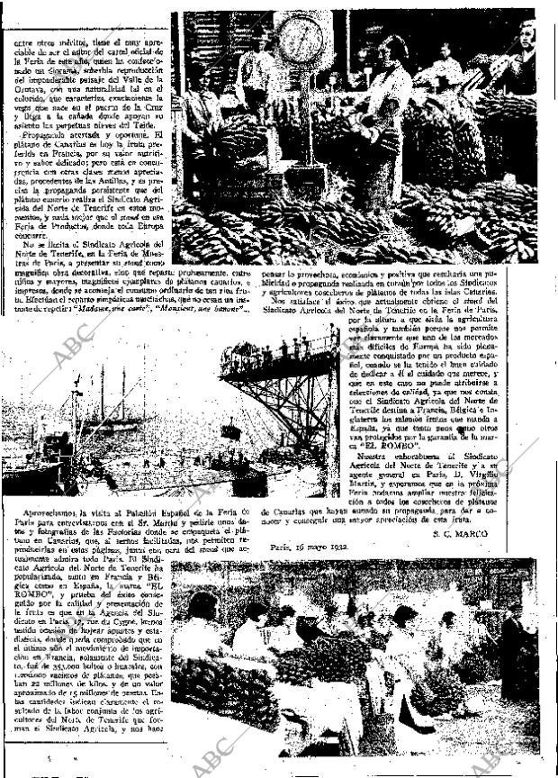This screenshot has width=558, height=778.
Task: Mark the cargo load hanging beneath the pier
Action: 230,433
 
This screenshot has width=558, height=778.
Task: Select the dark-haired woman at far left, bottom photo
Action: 202,621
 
